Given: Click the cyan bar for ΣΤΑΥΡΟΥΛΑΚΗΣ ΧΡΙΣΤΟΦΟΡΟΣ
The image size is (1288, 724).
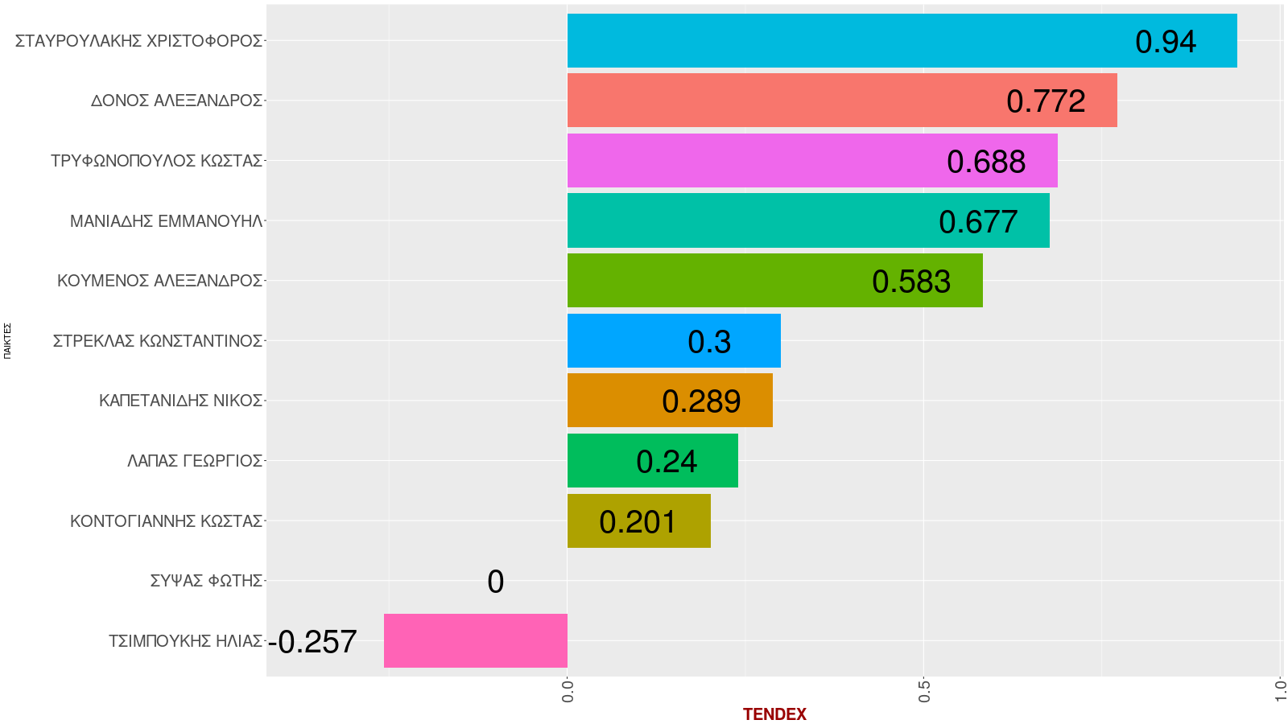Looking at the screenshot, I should (x=845, y=40).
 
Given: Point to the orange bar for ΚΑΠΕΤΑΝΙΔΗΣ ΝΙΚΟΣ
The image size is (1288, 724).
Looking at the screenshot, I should (x=612, y=400).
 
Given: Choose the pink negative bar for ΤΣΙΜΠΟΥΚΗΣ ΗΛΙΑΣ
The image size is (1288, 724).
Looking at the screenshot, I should (x=475, y=640).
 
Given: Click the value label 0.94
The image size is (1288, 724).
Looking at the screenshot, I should (x=1166, y=42).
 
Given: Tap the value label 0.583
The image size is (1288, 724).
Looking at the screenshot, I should (x=911, y=282).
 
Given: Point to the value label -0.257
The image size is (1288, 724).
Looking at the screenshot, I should (x=312, y=642).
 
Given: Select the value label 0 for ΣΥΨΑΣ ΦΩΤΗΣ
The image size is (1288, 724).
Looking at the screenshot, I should (x=495, y=582).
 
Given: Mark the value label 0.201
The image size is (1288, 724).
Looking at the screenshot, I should (x=638, y=522).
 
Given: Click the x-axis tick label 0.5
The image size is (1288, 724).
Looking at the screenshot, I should (x=924, y=692).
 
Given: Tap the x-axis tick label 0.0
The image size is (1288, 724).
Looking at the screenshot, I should (x=568, y=692).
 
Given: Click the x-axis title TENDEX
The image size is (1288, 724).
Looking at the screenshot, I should (x=774, y=714).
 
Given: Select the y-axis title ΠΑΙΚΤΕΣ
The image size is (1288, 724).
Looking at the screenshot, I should (x=7, y=340).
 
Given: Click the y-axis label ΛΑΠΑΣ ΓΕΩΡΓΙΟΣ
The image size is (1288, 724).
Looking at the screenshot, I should (x=195, y=461).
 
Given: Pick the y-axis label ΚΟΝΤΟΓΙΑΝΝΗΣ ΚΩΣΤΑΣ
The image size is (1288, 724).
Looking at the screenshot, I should (x=166, y=521).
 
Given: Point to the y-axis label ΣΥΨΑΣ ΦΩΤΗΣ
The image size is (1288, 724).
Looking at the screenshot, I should (x=206, y=581).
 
